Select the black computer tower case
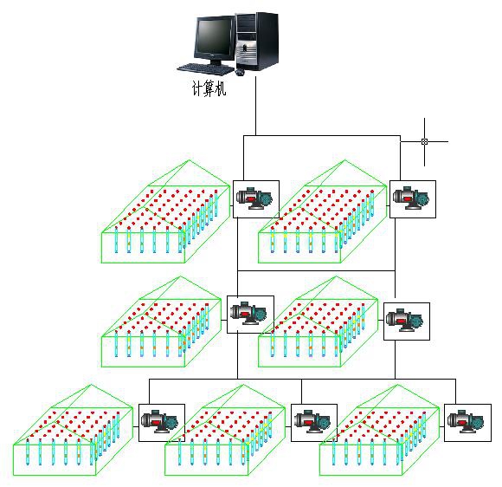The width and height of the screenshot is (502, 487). (257, 42)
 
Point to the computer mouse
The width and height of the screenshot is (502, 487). (240, 73)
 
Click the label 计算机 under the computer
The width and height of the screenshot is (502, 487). (209, 88)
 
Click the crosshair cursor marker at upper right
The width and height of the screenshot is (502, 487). (424, 141)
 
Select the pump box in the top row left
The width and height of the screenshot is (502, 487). (256, 199)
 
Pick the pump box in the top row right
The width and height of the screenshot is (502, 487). (412, 199)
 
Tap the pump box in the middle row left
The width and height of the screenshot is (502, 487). (250, 315)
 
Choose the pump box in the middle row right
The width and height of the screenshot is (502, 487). (407, 321)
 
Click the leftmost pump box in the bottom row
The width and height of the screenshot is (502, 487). (162, 423)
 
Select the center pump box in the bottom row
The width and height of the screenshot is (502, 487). (314, 423)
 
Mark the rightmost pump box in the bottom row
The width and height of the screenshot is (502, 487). (467, 423)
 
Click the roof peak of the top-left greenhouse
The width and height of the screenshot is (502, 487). (190, 160)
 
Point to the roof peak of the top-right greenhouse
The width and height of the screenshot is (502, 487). (345, 160)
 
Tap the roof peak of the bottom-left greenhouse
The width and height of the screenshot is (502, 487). (91, 385)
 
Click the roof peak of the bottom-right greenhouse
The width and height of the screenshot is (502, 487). (397, 385)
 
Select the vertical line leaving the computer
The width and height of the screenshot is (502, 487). (256, 106)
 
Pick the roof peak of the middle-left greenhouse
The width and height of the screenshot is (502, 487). (181, 276)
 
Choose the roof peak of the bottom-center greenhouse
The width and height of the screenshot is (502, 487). (243, 385)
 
